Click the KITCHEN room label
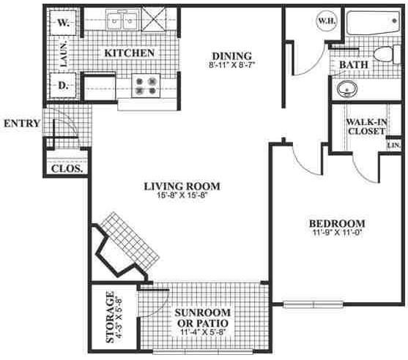pyautogui.click(x=129, y=53)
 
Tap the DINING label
pyautogui.click(x=231, y=56)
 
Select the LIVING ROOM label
pyautogui.click(x=182, y=186)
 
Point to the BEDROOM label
pyautogui.click(x=336, y=223)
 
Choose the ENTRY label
pyautogui.click(x=21, y=123)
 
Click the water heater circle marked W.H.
pyautogui.click(x=326, y=21)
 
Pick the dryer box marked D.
pyautogui.click(x=64, y=87)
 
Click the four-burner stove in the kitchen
pyautogui.click(x=145, y=86)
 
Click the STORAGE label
pyautogui.click(x=111, y=318)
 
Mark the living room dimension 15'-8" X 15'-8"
pyautogui.click(x=182, y=196)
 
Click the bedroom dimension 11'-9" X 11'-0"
pyautogui.click(x=336, y=234)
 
